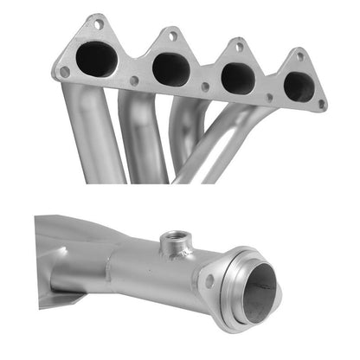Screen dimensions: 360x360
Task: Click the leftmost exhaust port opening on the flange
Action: [x=96, y=59]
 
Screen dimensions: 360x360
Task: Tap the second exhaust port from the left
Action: [x=170, y=68]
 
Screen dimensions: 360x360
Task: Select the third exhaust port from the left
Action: [x=237, y=78]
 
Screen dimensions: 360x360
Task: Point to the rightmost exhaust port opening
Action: [x=299, y=86]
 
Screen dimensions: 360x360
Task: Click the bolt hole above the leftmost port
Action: [x=98, y=24]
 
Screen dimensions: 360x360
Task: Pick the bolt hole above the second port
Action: [x=172, y=36]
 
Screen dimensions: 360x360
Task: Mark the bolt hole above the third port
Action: [x=239, y=47]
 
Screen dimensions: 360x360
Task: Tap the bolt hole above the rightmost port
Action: [x=299, y=56]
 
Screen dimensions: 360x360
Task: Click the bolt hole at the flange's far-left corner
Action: [x=63, y=72]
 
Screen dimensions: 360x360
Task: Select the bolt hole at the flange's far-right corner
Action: [x=322, y=104]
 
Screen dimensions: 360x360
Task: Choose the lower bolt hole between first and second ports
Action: [x=134, y=80]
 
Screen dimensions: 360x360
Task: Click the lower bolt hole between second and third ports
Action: [x=205, y=87]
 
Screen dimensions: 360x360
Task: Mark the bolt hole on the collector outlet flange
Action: [x=209, y=280]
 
